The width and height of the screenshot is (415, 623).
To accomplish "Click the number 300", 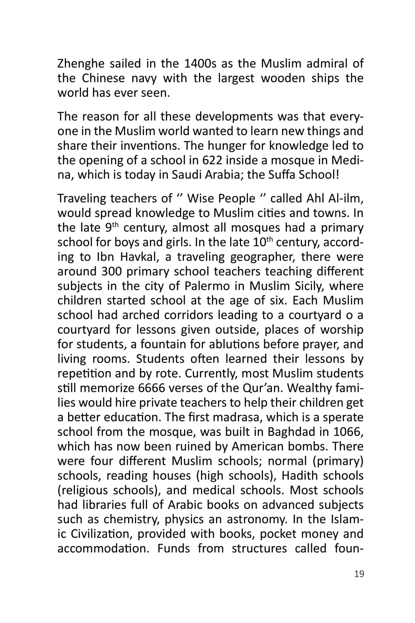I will tap(111, 271).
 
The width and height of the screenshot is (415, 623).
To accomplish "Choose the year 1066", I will tap(348, 432).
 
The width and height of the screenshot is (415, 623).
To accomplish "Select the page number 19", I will tap(359, 574).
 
